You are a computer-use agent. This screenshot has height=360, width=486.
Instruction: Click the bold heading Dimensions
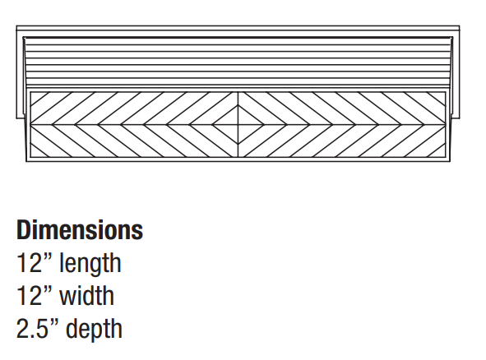coord(80,229)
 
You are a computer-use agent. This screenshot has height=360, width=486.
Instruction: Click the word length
coord(90,263)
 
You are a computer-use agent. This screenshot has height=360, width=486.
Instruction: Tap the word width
coord(87,295)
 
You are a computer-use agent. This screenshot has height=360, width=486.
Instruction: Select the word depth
coord(95,329)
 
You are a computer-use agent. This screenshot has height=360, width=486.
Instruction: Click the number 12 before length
coord(29,263)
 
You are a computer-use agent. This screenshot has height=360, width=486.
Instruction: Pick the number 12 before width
coord(29,296)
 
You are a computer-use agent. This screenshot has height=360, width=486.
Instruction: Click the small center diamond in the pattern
coord(238,125)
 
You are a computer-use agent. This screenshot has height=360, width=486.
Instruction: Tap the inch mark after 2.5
coord(54,322)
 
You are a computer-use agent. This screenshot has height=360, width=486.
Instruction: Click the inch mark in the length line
coord(48,256)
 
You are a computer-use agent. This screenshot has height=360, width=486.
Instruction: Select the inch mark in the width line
coord(48,289)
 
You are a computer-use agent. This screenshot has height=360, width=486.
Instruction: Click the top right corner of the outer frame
coord(460,26)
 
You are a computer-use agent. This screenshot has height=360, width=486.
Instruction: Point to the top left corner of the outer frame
coord(16,26)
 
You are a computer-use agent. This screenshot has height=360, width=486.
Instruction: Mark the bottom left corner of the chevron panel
coord(30,158)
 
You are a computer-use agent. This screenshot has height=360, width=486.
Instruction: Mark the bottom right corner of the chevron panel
coord(446,158)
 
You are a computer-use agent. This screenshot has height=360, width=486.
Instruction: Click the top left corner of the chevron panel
coord(30,92)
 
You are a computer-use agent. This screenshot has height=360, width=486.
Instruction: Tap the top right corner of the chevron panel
coord(446,92)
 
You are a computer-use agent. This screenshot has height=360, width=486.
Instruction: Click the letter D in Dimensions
coord(24,230)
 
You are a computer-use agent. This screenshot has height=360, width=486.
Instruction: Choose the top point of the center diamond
coord(238,104)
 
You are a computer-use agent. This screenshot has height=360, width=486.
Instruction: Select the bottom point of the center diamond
coord(238,145)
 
